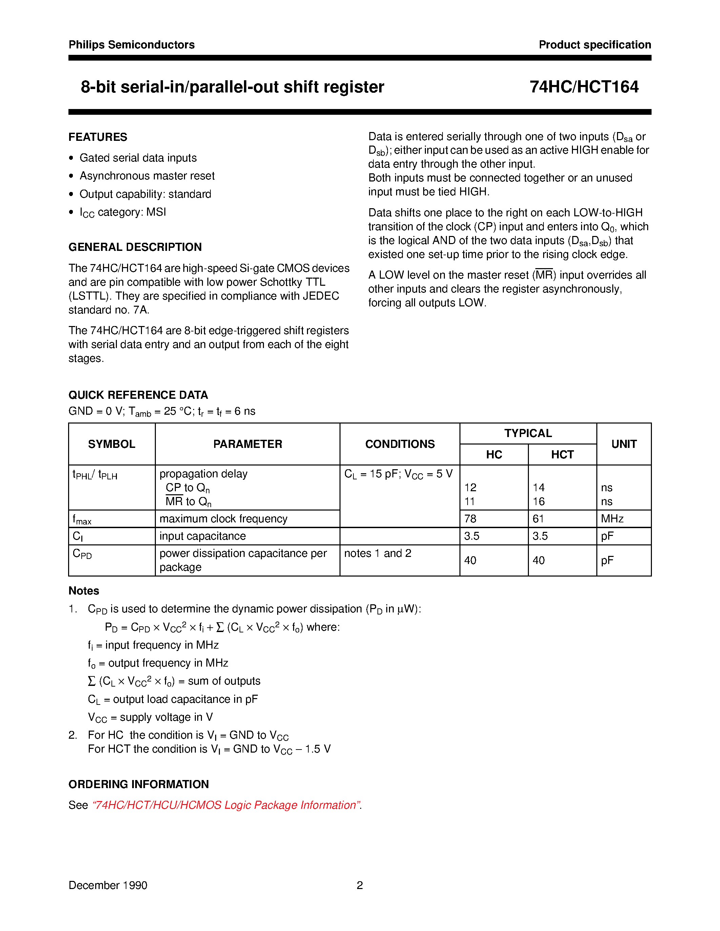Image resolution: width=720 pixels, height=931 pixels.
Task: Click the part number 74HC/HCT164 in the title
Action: point(583,87)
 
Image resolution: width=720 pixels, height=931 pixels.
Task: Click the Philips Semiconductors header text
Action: point(131,45)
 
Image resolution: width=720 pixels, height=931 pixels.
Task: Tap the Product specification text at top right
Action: point(595,45)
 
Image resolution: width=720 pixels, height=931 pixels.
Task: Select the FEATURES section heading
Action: point(98,137)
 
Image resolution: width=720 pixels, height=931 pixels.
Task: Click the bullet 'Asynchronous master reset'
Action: point(147,176)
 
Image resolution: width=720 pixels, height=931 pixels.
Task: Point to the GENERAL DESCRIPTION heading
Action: point(135,247)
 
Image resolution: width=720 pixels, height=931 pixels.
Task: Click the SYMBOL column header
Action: point(111,444)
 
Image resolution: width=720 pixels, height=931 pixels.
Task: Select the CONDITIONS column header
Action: point(400,444)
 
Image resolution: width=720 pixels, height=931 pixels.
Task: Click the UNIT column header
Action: point(623,444)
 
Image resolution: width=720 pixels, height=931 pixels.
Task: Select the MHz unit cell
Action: point(612,519)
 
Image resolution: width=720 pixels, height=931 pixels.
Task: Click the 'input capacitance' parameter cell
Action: point(203,536)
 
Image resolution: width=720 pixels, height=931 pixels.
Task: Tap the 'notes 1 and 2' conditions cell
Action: point(377,553)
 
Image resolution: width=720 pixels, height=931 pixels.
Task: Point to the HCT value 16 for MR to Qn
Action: point(538,501)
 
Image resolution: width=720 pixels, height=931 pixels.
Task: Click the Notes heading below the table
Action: point(84,590)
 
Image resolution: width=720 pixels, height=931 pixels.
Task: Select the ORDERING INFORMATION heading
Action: point(139,784)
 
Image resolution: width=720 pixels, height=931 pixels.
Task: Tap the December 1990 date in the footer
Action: point(108,885)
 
